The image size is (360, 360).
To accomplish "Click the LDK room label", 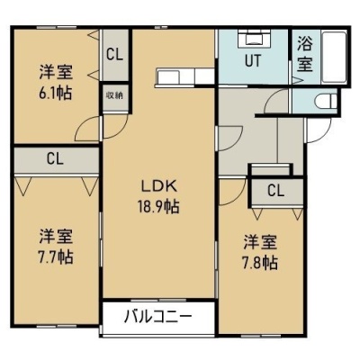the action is click(x=158, y=187).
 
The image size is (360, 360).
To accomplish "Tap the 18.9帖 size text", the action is click(x=158, y=206).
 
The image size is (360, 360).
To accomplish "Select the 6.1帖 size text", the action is click(x=55, y=94).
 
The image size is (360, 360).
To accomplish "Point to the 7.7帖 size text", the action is click(x=55, y=256).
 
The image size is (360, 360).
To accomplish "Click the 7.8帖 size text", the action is click(x=260, y=263).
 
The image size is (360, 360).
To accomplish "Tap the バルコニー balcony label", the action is click(x=157, y=317).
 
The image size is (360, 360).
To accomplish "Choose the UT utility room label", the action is click(x=253, y=60).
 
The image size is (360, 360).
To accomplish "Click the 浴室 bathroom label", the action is click(x=305, y=54).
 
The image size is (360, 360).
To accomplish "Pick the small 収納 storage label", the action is click(x=115, y=96).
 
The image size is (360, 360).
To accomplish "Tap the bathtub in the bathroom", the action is click(x=334, y=57).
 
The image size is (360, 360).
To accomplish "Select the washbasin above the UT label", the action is click(x=255, y=39).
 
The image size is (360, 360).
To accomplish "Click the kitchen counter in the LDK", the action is click(x=185, y=77).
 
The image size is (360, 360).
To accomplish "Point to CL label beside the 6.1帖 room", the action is click(x=115, y=55).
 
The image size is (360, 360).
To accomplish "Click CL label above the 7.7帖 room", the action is click(x=55, y=159).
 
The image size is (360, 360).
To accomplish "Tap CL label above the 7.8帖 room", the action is click(x=275, y=190).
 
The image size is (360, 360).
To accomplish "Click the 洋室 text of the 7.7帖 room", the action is click(x=55, y=237).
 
